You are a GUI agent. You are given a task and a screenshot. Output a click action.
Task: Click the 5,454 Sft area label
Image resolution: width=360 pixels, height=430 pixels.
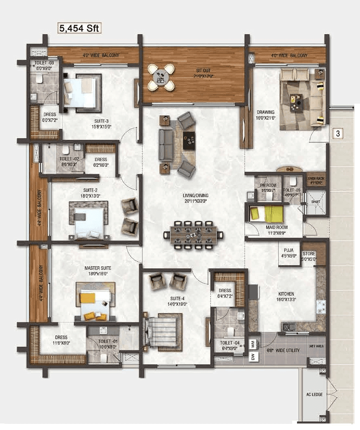[79, 28]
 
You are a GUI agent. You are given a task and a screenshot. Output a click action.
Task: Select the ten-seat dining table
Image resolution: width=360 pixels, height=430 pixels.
[193, 235]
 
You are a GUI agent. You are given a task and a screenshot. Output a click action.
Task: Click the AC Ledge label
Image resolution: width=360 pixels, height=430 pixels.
[311, 394]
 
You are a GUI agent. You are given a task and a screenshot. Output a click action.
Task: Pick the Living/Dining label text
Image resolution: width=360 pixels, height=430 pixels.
[195, 198]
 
